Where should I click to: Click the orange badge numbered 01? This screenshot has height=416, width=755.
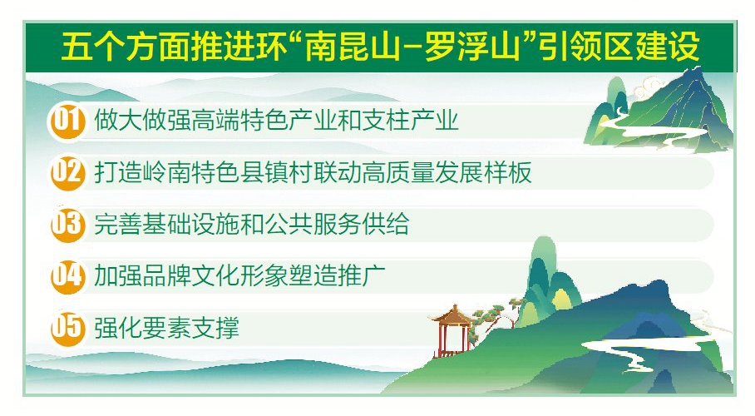[x=67, y=121]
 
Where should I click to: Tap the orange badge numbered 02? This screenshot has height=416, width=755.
[x=67, y=172]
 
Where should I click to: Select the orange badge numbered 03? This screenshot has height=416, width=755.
[x=67, y=224]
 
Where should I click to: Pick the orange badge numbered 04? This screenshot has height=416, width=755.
[x=67, y=275]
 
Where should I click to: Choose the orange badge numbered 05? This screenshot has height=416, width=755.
[x=67, y=328]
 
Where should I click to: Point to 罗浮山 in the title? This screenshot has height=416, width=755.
[x=472, y=47]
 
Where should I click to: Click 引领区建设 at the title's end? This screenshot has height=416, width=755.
[x=619, y=47]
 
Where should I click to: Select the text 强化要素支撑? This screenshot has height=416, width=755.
[x=166, y=328]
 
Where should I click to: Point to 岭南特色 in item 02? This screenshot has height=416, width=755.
[x=191, y=172]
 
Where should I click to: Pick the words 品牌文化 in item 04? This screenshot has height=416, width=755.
[x=191, y=275]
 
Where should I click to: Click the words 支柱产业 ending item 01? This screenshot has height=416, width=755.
[x=410, y=121]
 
